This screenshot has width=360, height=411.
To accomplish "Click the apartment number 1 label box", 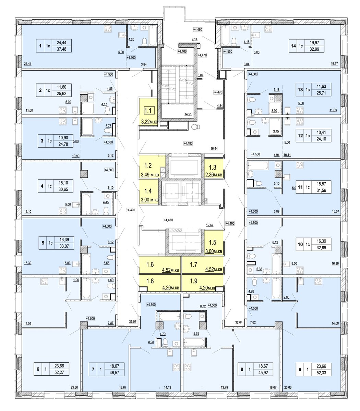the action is point(40,46).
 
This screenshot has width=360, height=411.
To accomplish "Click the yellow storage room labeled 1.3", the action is point(213,170).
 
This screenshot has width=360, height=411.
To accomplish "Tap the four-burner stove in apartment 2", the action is point(63,110).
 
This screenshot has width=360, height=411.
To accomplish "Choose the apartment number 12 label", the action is point(300,135).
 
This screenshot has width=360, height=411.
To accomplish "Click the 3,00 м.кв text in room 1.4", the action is point(149,200).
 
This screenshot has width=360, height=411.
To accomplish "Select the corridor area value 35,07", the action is point(132,322).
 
